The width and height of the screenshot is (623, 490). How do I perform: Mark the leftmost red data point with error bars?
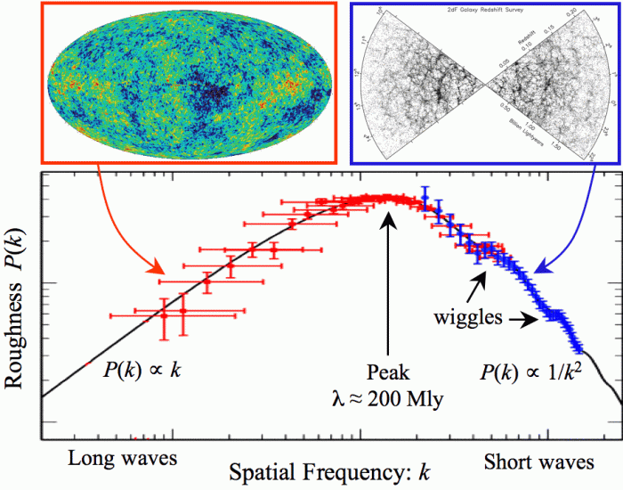163,314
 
